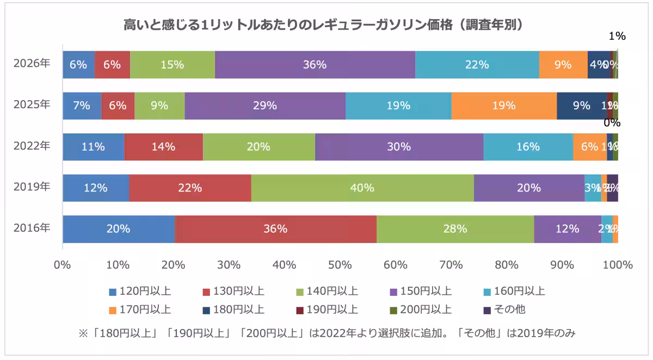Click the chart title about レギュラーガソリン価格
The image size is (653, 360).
[x=323, y=25]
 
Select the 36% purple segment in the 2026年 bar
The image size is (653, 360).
[x=315, y=65]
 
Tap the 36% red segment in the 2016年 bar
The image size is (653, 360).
[x=275, y=229]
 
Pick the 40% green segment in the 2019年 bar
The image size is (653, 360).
[x=362, y=188]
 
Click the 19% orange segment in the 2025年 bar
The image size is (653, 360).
[x=504, y=106]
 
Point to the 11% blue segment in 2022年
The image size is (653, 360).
[x=94, y=147]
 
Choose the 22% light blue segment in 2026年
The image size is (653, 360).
[x=477, y=65]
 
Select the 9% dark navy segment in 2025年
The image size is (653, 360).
[x=581, y=106]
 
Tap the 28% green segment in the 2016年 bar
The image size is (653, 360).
[x=455, y=229]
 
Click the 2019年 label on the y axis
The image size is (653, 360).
[x=32, y=187]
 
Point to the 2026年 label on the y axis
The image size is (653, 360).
[x=32, y=63]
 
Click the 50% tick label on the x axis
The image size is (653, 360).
[x=340, y=265]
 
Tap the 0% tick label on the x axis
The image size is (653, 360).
[x=63, y=265]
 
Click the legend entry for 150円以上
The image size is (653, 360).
[x=421, y=291]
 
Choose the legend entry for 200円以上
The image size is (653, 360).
[x=421, y=310]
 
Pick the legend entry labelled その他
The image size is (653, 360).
[x=504, y=310]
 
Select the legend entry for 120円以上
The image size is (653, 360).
[x=140, y=291]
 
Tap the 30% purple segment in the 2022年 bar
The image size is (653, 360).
[x=399, y=147]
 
